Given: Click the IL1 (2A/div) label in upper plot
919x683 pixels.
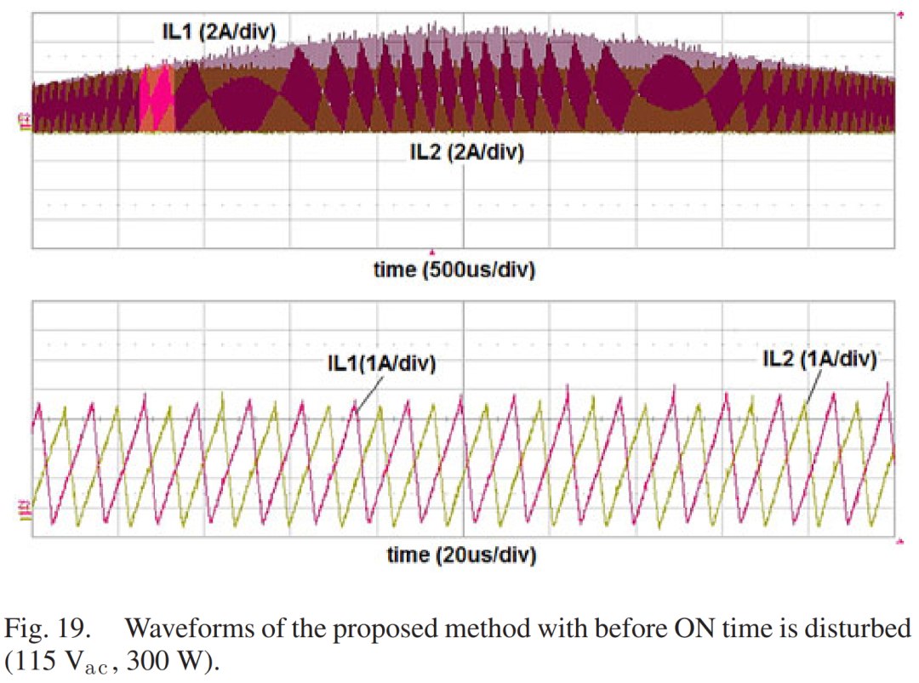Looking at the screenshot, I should [220, 32].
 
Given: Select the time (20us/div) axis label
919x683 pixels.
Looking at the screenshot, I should [460, 555].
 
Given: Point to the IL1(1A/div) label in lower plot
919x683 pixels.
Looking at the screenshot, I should [381, 363].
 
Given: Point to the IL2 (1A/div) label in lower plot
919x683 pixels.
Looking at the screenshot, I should [819, 359].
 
